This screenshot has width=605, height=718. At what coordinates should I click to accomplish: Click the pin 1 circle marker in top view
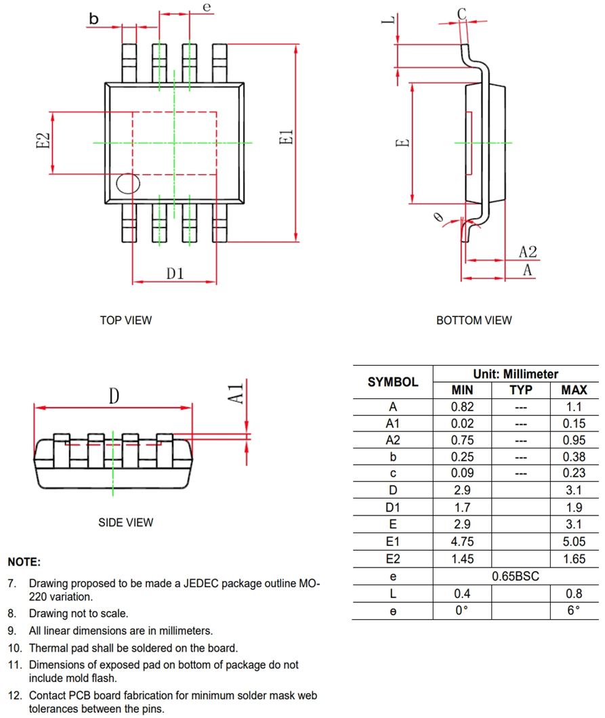pos(127,184)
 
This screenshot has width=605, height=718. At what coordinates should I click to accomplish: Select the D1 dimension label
pos(175,273)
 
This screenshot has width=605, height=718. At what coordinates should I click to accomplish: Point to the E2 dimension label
pos(43,143)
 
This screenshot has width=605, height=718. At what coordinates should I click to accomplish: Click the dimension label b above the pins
pos(93,20)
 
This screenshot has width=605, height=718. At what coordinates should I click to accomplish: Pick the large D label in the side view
pos(114,396)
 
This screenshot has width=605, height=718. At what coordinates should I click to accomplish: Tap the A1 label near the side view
pos(234,392)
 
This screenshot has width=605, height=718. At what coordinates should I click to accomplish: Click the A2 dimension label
pos(528,252)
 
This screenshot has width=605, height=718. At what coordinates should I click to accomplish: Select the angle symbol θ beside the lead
pos(438,217)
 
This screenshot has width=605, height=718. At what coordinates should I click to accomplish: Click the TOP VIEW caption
pos(126,320)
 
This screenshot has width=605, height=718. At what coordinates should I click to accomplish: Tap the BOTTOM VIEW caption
pos(474,320)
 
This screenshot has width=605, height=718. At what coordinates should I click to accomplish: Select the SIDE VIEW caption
pos(126,522)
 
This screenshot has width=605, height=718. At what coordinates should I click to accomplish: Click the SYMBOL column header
pos(393,382)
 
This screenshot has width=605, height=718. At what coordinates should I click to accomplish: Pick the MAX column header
pos(574,390)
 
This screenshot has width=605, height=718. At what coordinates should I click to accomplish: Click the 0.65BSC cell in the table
pos(516,576)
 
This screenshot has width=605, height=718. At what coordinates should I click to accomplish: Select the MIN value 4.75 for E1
pos(462,543)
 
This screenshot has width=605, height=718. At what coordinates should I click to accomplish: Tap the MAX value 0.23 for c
pos(574,473)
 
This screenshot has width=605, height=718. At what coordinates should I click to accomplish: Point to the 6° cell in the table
pos(574,610)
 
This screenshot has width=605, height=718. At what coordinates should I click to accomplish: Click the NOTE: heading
pos(24,562)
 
